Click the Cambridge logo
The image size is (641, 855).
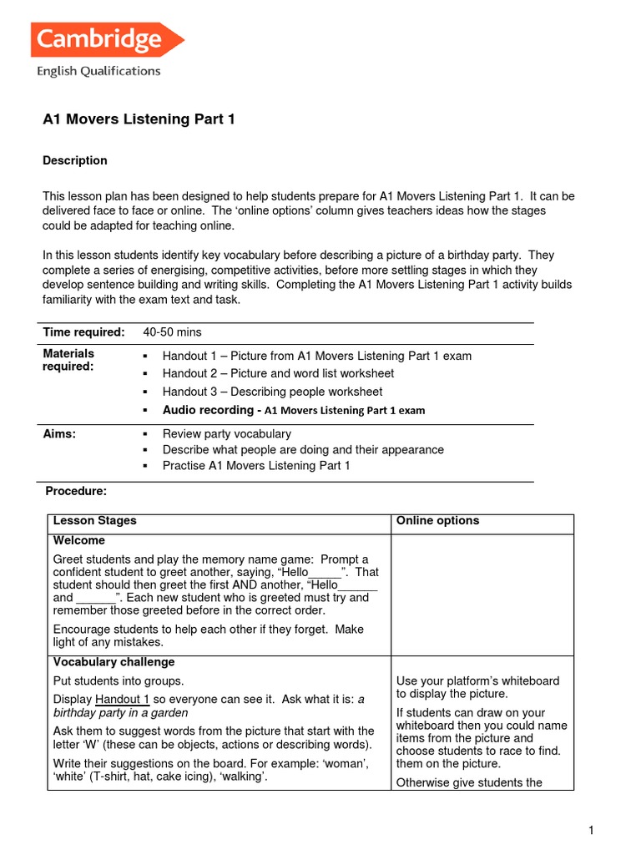pyautogui.click(x=107, y=40)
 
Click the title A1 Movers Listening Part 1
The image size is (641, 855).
pyautogui.click(x=139, y=119)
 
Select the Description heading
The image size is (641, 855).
pyautogui.click(x=75, y=160)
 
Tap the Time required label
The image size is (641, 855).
pyautogui.click(x=83, y=332)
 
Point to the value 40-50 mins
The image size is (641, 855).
pyautogui.click(x=172, y=332)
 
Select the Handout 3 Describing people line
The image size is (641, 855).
pyautogui.click(x=272, y=392)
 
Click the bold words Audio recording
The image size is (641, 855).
pyautogui.click(x=208, y=410)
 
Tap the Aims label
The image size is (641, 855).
pyautogui.click(x=59, y=434)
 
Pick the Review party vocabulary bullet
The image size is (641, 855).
pyautogui.click(x=226, y=434)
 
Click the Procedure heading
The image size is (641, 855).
pyautogui.click(x=76, y=492)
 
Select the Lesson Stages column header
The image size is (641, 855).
pyautogui.click(x=94, y=521)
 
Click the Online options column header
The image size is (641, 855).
pyautogui.click(x=437, y=521)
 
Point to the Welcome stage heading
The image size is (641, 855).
pyautogui.click(x=78, y=540)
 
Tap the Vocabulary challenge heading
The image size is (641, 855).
pyautogui.click(x=114, y=662)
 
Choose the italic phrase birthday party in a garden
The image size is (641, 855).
pyautogui.click(x=120, y=712)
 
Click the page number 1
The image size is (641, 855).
pyautogui.click(x=590, y=830)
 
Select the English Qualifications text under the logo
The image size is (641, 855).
pyautogui.click(x=98, y=72)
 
